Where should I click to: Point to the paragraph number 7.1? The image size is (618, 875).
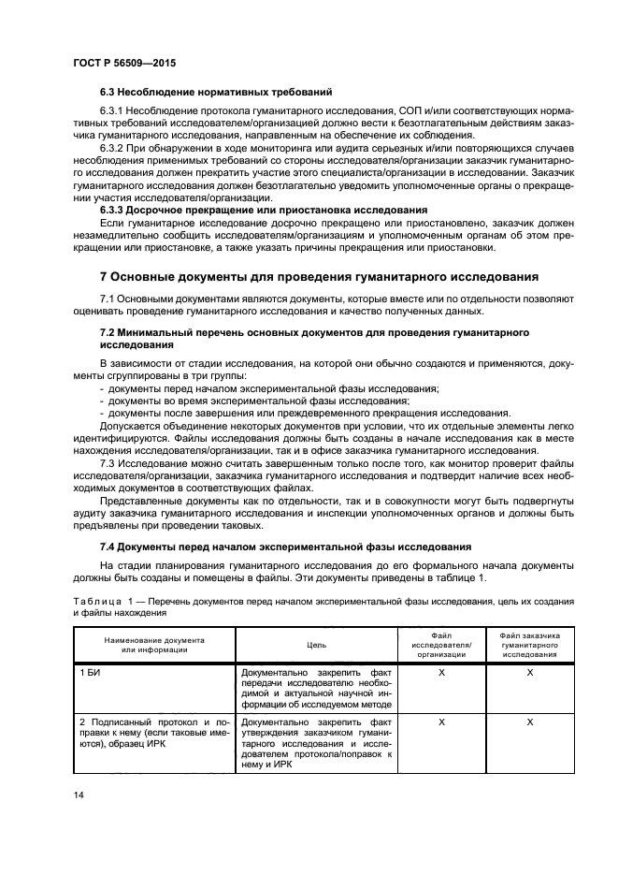[107, 298]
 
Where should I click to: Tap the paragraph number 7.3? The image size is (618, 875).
[107, 462]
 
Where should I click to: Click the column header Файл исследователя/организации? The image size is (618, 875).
[441, 645]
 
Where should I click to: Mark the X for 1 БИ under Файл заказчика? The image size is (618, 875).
[530, 673]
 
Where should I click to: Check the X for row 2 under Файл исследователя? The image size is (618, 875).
[441, 722]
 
